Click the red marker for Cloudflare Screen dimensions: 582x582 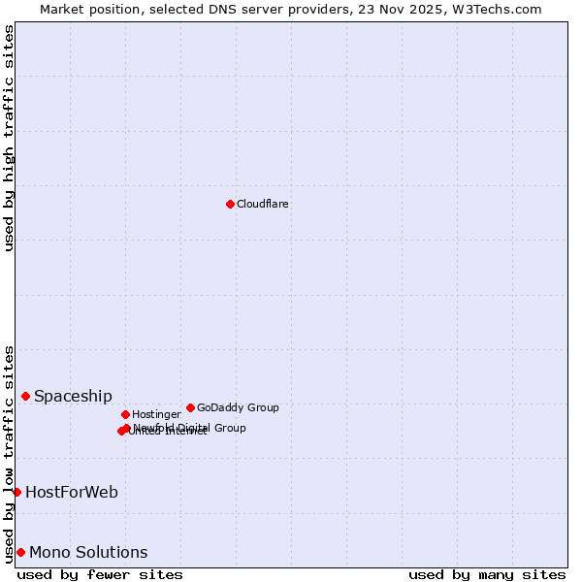pos(230,204)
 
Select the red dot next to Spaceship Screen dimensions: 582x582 pos(25,396)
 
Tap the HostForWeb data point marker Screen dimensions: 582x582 pos(16,492)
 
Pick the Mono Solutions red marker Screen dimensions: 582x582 pos(20,552)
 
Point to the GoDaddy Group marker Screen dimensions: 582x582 pos(190,407)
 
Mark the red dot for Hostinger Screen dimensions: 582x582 pos(125,414)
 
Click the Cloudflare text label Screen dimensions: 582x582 pos(262,205)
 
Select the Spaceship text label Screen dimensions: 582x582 pos(73,396)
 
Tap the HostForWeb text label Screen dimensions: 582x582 pos(72,492)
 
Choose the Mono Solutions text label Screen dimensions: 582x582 pos(88,552)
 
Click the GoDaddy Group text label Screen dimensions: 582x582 pos(238,408)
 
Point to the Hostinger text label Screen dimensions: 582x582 pos(156,415)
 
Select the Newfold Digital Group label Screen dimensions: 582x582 pos(190,427)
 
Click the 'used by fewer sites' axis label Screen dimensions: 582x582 pos(100,574)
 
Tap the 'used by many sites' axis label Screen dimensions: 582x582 pos(487,574)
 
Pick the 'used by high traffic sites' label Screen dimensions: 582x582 pos(9,138)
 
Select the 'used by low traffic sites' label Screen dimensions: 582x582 pos(9,453)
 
